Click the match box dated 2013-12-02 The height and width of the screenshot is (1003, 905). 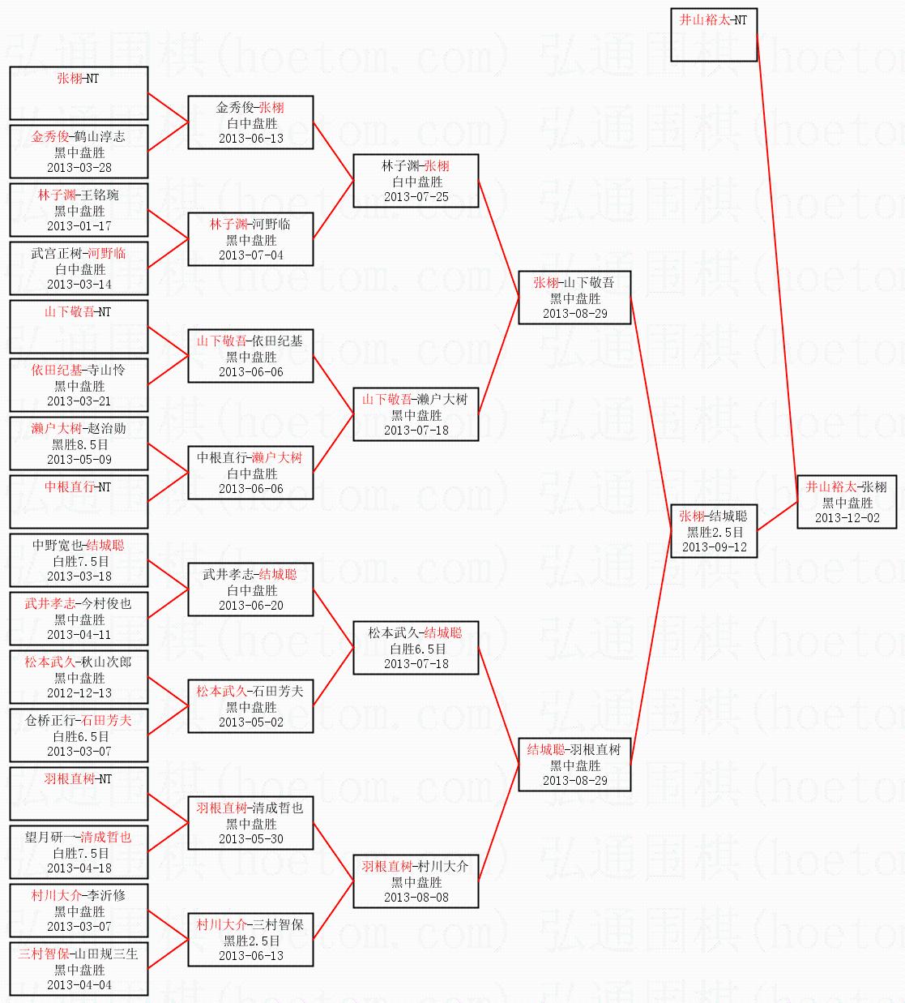[847, 502]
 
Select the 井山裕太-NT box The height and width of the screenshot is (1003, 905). [714, 35]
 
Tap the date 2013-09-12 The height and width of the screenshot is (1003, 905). [714, 547]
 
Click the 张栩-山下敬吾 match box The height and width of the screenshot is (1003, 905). [574, 298]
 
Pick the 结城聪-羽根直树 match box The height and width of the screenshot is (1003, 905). [574, 765]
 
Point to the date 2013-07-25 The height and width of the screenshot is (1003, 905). [416, 197]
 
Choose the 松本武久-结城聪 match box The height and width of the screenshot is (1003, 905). [416, 648]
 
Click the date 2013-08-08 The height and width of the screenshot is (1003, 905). [416, 898]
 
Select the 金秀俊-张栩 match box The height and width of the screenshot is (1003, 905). [250, 122]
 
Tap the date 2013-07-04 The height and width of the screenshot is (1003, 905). [250, 255]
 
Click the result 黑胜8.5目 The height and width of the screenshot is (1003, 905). [79, 444]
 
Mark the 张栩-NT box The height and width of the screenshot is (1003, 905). [79, 93]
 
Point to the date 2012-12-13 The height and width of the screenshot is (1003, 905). [79, 693]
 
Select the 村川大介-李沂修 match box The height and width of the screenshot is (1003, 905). [79, 911]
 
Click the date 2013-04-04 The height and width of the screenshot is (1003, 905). [79, 985]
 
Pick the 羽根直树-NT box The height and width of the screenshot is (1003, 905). [79, 794]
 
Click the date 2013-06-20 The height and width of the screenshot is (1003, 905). [250, 606]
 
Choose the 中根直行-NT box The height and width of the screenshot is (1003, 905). [79, 502]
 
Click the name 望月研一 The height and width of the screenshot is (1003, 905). [51, 838]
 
